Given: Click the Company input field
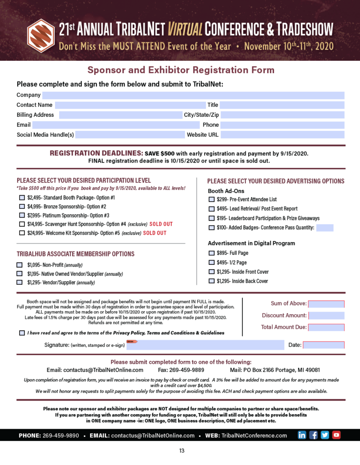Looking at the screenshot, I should [193, 95].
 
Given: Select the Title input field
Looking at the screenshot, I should [282, 105].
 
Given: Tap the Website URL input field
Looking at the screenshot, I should [282, 135].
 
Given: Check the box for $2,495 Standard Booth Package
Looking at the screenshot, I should [22, 198].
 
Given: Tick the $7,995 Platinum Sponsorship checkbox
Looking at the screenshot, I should [22, 215].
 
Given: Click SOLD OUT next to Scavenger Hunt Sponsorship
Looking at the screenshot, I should [161, 224].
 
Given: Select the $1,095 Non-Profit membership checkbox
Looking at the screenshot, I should [20, 265].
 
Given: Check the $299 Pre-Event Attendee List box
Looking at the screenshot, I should [211, 199].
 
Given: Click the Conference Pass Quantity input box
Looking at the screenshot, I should [325, 228].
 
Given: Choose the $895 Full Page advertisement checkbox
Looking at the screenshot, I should [211, 253].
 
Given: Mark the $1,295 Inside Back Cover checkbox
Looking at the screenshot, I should [211, 281].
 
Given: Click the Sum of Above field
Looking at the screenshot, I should [326, 304].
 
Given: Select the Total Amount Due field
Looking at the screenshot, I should [326, 327].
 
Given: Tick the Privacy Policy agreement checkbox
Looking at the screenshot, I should [22, 333].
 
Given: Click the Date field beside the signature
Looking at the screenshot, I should [323, 345].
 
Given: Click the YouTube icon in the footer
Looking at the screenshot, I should [336, 435].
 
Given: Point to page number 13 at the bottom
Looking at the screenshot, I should [182, 451].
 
